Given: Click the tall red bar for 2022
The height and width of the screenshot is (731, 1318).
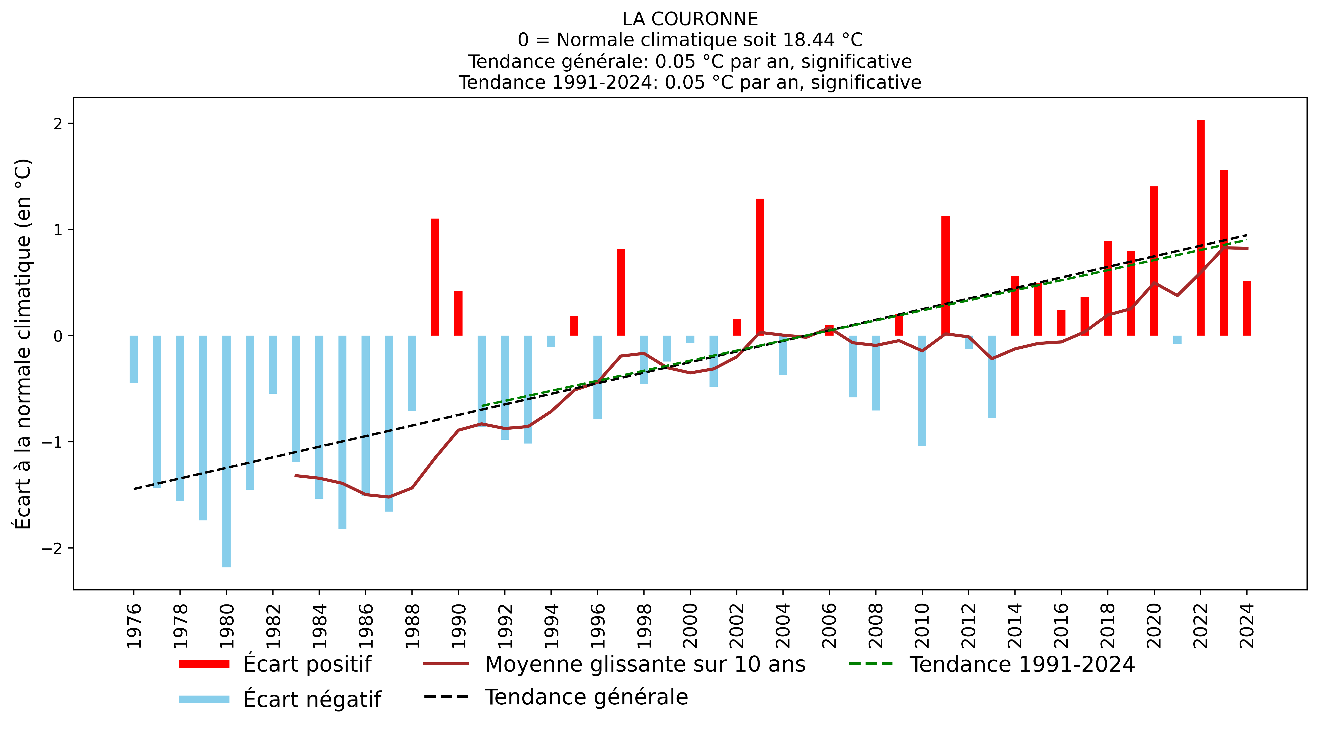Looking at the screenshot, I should (1200, 228).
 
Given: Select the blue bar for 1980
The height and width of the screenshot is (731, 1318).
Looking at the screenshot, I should (226, 450).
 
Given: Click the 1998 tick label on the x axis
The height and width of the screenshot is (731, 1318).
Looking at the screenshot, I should (644, 625).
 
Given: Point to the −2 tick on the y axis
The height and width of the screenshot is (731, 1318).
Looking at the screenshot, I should (51, 548).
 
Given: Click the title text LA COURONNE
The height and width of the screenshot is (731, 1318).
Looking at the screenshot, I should (690, 19).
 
